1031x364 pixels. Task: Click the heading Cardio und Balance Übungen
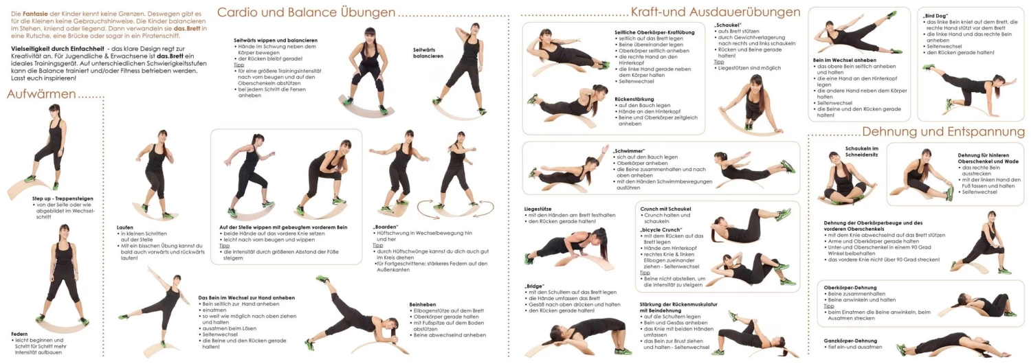306,12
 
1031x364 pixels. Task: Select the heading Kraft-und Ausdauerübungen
715,12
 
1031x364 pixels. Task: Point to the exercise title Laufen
125,227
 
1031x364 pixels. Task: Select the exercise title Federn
19,334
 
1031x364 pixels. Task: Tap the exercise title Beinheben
423,304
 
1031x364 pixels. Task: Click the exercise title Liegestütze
540,208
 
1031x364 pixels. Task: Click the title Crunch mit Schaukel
665,208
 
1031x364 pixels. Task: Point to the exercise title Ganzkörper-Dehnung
850,341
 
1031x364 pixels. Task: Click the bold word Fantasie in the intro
35,14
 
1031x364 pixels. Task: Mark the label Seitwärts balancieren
428,52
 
